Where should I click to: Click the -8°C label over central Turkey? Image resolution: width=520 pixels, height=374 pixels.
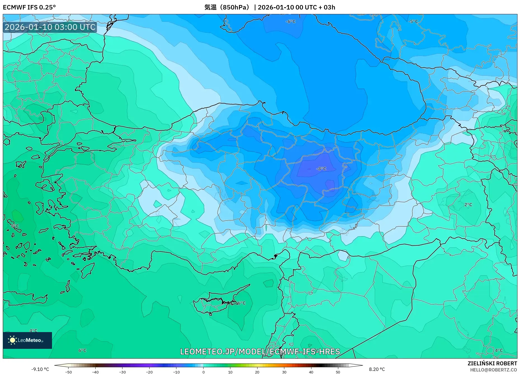click(321, 169)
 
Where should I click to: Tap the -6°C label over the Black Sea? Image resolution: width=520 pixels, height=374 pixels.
click(290, 22)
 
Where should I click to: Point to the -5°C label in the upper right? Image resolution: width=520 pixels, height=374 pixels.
click(413, 22)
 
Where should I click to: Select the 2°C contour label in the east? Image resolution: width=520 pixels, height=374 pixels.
click(468, 205)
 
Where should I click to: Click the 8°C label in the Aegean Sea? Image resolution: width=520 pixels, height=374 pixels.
click(15, 226)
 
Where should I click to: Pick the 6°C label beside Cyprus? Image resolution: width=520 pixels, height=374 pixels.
click(242, 303)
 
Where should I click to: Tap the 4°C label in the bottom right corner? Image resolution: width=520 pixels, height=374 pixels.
click(499, 350)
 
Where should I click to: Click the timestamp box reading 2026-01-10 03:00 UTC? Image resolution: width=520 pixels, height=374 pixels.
click(50, 27)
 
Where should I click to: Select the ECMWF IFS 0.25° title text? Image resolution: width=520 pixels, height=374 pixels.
click(29, 7)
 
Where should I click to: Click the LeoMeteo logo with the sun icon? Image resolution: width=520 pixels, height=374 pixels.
click(27, 340)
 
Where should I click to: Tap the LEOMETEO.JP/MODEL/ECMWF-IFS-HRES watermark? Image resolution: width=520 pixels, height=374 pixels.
click(260, 351)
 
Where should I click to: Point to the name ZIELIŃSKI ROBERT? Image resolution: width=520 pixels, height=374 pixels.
click(492, 363)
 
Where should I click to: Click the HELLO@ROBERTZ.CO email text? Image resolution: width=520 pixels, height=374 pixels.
click(493, 370)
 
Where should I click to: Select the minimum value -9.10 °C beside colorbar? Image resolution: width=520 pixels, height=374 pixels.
click(40, 369)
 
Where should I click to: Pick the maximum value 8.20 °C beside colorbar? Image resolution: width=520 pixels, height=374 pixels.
click(377, 369)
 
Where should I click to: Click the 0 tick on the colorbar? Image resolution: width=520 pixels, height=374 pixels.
click(203, 372)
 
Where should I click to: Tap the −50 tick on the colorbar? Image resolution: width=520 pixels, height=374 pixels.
click(68, 372)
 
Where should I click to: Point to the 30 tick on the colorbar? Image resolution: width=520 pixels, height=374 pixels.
click(284, 372)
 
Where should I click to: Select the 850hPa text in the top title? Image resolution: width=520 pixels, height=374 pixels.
click(235, 7)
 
